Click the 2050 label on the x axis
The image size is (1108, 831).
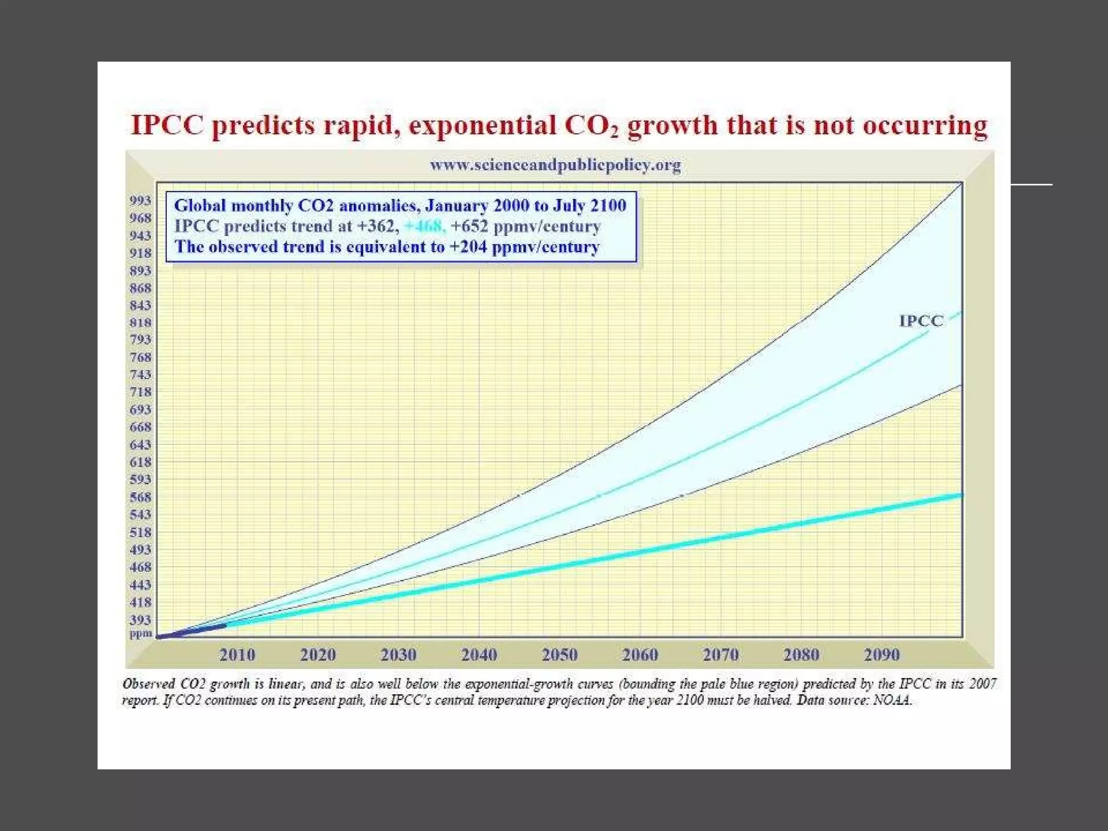tap(559, 655)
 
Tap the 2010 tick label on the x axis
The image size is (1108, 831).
tap(237, 655)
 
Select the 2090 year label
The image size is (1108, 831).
tap(882, 655)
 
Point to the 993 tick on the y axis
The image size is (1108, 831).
tap(140, 201)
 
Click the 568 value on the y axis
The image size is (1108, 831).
tap(140, 497)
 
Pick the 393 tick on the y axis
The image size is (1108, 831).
tap(140, 619)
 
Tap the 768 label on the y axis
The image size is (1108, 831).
tap(140, 357)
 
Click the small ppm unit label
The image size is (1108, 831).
tap(140, 633)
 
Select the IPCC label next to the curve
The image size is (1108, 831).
tap(921, 321)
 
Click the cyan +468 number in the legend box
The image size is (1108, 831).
tap(425, 226)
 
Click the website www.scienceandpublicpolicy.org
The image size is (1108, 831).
tap(555, 164)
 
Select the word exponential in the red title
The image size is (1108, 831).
tap(482, 126)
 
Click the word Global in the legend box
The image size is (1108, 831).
tap(200, 206)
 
